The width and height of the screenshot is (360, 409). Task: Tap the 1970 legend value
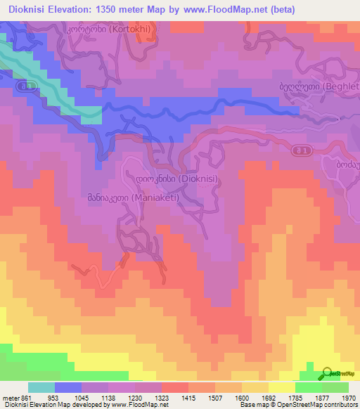pyautogui.click(x=349, y=398)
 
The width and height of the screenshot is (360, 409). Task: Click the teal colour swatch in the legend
pyautogui.click(x=41, y=387)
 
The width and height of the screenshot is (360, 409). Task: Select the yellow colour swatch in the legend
pyautogui.click(x=281, y=387)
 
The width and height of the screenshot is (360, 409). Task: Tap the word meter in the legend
pyautogui.click(x=10, y=398)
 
